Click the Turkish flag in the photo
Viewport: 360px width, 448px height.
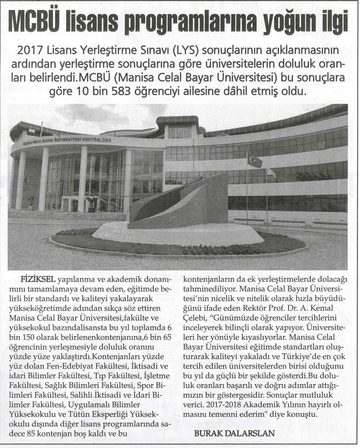click(255, 161)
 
